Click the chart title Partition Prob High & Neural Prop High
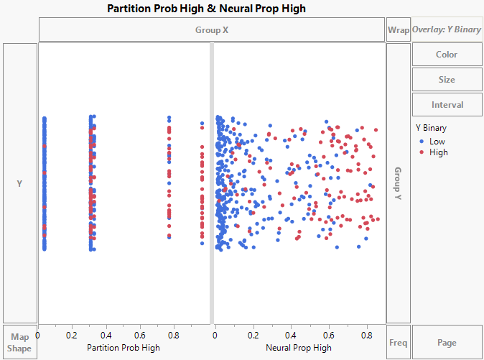[206, 9]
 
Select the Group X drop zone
[212, 29]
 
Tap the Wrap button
[398, 30]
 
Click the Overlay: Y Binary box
[447, 30]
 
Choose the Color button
[447, 55]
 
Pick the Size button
[447, 80]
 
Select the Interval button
[447, 105]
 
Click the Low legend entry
[437, 142]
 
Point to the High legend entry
[438, 152]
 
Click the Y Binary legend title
[432, 128]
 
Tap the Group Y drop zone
[398, 183]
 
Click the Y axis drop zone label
[19, 184]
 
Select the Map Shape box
[19, 343]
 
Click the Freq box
[398, 343]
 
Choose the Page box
[447, 343]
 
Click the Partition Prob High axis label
[124, 348]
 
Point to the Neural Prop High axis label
[299, 348]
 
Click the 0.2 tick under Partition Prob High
[72, 335]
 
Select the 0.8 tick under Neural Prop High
[367, 335]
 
